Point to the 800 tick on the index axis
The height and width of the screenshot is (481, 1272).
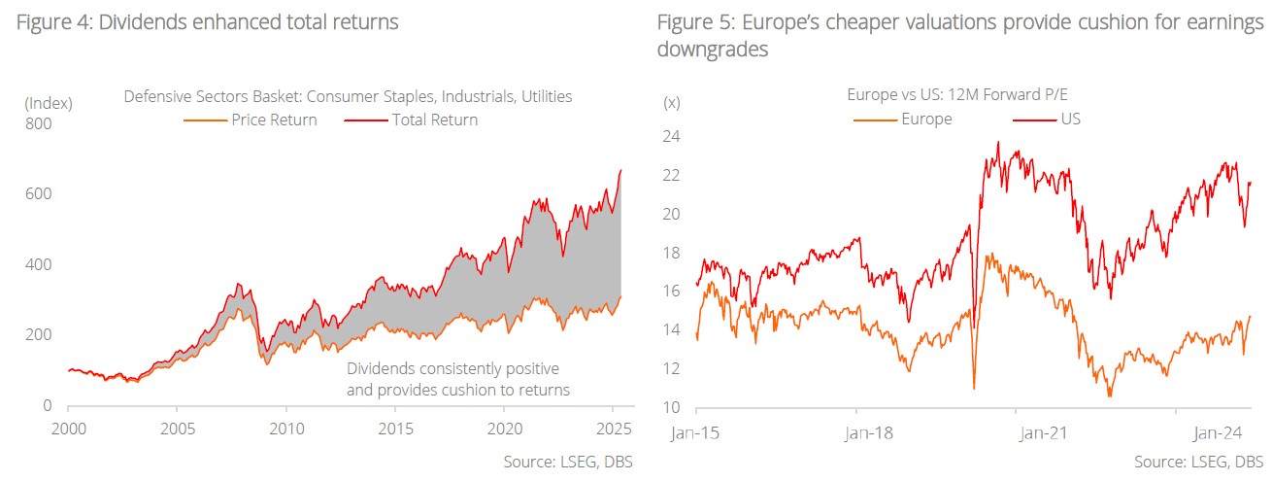(38, 123)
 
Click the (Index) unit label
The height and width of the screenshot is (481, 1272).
(49, 102)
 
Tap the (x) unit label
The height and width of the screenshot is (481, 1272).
(671, 102)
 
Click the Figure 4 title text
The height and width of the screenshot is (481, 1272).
(206, 21)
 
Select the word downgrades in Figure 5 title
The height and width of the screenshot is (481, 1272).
(713, 49)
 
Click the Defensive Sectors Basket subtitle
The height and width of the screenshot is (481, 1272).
(348, 97)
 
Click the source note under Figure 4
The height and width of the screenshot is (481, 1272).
(568, 462)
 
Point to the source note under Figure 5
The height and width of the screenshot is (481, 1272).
(1198, 462)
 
